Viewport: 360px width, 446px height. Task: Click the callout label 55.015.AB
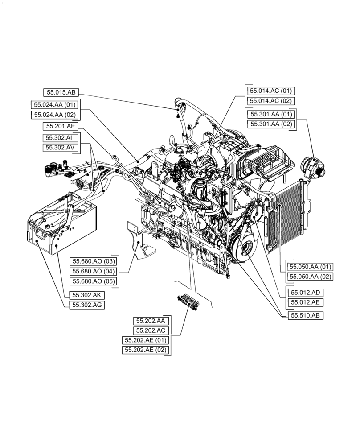[x=61, y=93]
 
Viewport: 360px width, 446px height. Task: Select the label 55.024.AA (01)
[x=55, y=105]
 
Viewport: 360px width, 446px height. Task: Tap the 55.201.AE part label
[x=61, y=127]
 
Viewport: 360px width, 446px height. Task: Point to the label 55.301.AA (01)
[x=271, y=114]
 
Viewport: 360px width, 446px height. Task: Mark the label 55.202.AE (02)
[x=145, y=350]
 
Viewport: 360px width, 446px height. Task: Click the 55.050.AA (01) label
[x=311, y=267]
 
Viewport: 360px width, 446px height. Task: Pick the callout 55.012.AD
[x=306, y=293]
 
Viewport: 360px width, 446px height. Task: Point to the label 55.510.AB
[x=306, y=315]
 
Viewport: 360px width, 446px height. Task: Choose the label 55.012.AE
[x=306, y=303]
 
